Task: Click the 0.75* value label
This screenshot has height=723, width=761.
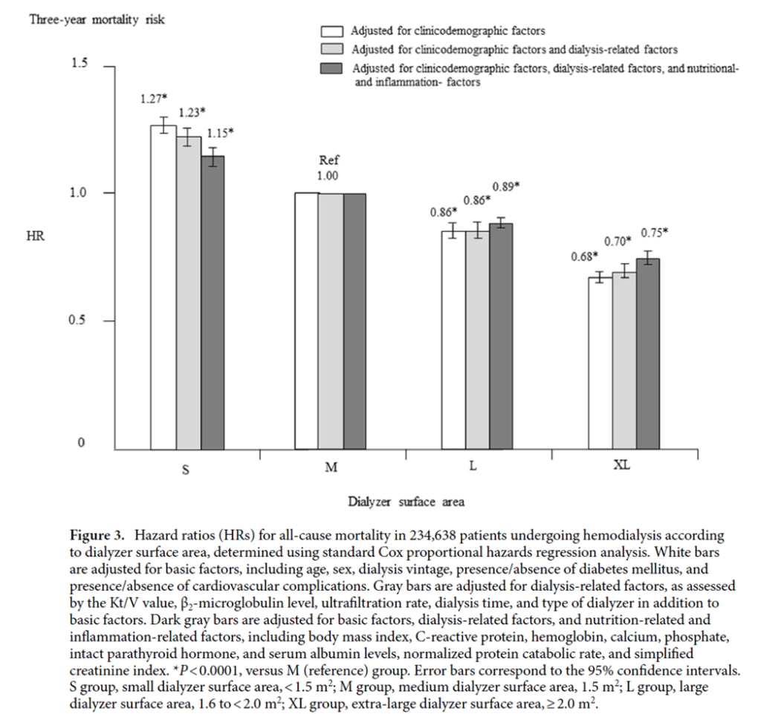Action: (x=654, y=231)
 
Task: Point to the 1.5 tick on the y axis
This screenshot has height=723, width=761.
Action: (x=79, y=64)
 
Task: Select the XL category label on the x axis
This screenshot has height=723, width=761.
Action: (x=620, y=467)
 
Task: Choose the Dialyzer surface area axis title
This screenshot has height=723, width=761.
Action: (x=407, y=502)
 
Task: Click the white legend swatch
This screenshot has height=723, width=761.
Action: (x=331, y=31)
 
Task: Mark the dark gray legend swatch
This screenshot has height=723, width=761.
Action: (x=331, y=69)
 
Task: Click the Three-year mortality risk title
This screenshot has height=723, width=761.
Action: (x=97, y=20)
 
